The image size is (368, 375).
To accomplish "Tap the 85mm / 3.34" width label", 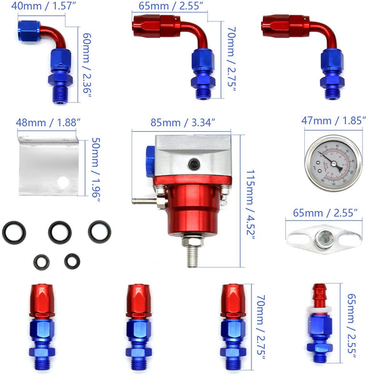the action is [183, 122].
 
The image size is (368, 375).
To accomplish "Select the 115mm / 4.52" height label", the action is [250, 205].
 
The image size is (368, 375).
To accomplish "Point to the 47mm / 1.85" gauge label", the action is [334, 121].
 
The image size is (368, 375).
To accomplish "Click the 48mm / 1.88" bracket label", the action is [48, 122].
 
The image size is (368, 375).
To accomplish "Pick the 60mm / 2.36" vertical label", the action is [87, 66].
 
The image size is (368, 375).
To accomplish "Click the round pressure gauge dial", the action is [334, 163].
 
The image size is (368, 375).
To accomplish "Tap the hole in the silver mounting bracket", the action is [63, 182].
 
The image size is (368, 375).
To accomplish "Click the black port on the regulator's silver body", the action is [194, 164].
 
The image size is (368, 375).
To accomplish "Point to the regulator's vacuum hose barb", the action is [144, 201].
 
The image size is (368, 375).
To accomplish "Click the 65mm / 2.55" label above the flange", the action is [325, 213].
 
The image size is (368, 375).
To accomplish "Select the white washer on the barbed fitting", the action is [319, 311].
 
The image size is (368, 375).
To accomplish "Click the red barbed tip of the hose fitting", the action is [319, 295].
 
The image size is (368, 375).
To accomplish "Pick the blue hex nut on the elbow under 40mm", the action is [60, 79].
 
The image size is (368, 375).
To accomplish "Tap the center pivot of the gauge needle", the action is [333, 163].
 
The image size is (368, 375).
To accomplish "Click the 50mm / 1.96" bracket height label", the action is [96, 170].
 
